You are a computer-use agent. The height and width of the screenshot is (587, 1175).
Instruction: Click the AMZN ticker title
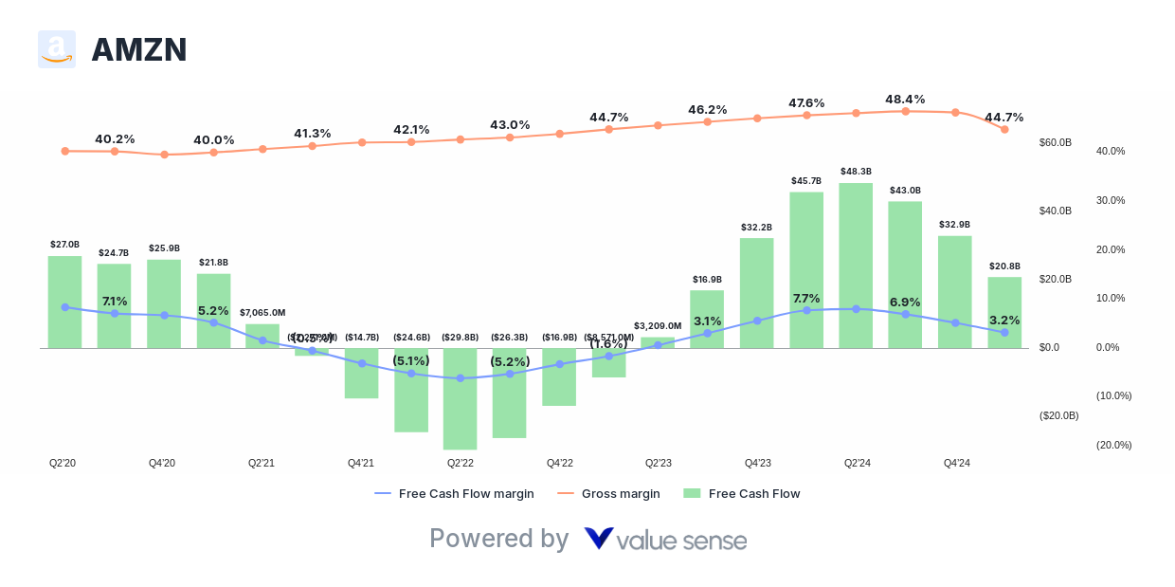point(138,49)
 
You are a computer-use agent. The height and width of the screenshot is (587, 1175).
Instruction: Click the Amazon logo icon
point(57,49)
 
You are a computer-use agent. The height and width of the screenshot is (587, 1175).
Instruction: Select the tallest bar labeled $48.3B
point(856,266)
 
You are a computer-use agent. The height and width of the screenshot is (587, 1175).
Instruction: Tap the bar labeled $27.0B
point(64,302)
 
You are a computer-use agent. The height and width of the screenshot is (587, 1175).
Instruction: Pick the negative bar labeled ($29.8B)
point(460,398)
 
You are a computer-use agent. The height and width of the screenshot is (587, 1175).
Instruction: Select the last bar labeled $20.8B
point(1004,312)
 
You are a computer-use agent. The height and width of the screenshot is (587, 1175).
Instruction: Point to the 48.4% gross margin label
point(905,100)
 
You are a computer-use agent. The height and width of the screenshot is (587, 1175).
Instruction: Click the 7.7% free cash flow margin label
point(806,298)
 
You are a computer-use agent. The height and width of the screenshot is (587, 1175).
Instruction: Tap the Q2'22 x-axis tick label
point(460,463)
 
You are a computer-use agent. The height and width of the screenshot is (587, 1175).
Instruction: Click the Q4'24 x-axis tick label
point(956,463)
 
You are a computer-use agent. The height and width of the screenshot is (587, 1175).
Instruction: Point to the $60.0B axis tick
point(1055,142)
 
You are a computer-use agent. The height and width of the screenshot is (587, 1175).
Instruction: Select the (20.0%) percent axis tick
point(1113,445)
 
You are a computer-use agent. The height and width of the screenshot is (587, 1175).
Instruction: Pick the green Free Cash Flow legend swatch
point(692,493)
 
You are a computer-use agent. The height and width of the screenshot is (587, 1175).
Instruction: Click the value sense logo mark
point(598,539)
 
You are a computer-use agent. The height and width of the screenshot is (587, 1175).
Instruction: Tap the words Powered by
point(498,539)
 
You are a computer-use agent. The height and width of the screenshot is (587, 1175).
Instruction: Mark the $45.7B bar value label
point(806,180)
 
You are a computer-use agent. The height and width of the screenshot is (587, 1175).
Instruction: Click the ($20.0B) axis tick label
point(1058,415)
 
